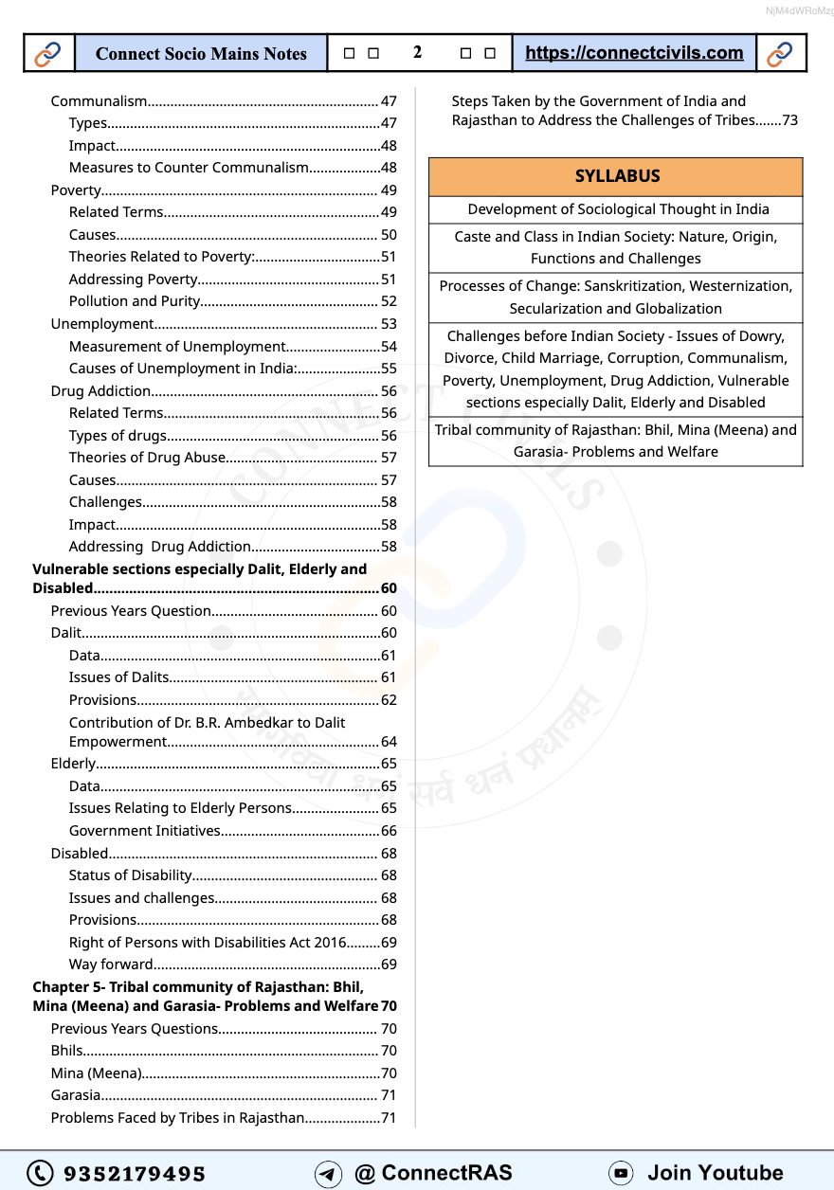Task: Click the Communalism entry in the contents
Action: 100,101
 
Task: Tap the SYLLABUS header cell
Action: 616,176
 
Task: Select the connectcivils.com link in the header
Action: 634,53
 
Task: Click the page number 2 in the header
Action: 418,53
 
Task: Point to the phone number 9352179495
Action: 134,1173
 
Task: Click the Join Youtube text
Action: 715,1173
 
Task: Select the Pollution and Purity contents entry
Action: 135,301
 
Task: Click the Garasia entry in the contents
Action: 76,1095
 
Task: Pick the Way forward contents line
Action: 111,965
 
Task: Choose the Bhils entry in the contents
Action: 67,1051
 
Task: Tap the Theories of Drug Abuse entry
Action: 147,458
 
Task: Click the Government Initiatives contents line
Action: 144,831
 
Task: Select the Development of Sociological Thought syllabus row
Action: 616,209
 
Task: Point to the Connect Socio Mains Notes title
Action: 201,54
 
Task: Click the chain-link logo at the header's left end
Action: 47,54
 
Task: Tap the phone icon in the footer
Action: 40,1173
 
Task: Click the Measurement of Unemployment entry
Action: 176,347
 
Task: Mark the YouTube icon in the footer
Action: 621,1173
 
